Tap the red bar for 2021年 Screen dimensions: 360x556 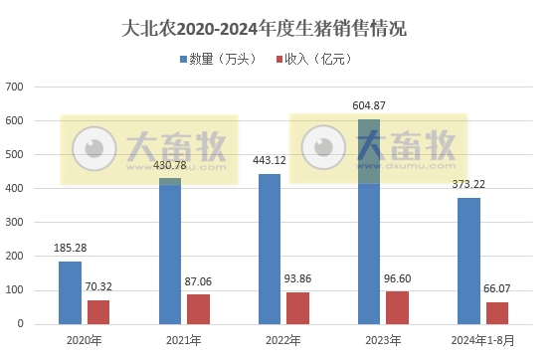[x=198, y=308]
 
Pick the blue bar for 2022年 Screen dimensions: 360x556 [x=269, y=249]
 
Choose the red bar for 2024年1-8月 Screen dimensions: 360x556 [x=496, y=312]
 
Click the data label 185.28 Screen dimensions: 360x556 [x=70, y=248]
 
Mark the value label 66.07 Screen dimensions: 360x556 [x=497, y=289]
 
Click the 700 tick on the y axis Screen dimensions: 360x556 [x=15, y=88]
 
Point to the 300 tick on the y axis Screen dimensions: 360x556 [x=15, y=223]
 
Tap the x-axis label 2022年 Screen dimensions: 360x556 [x=282, y=340]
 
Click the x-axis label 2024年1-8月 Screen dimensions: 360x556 [x=482, y=340]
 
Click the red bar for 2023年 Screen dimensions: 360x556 [x=397, y=307]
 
